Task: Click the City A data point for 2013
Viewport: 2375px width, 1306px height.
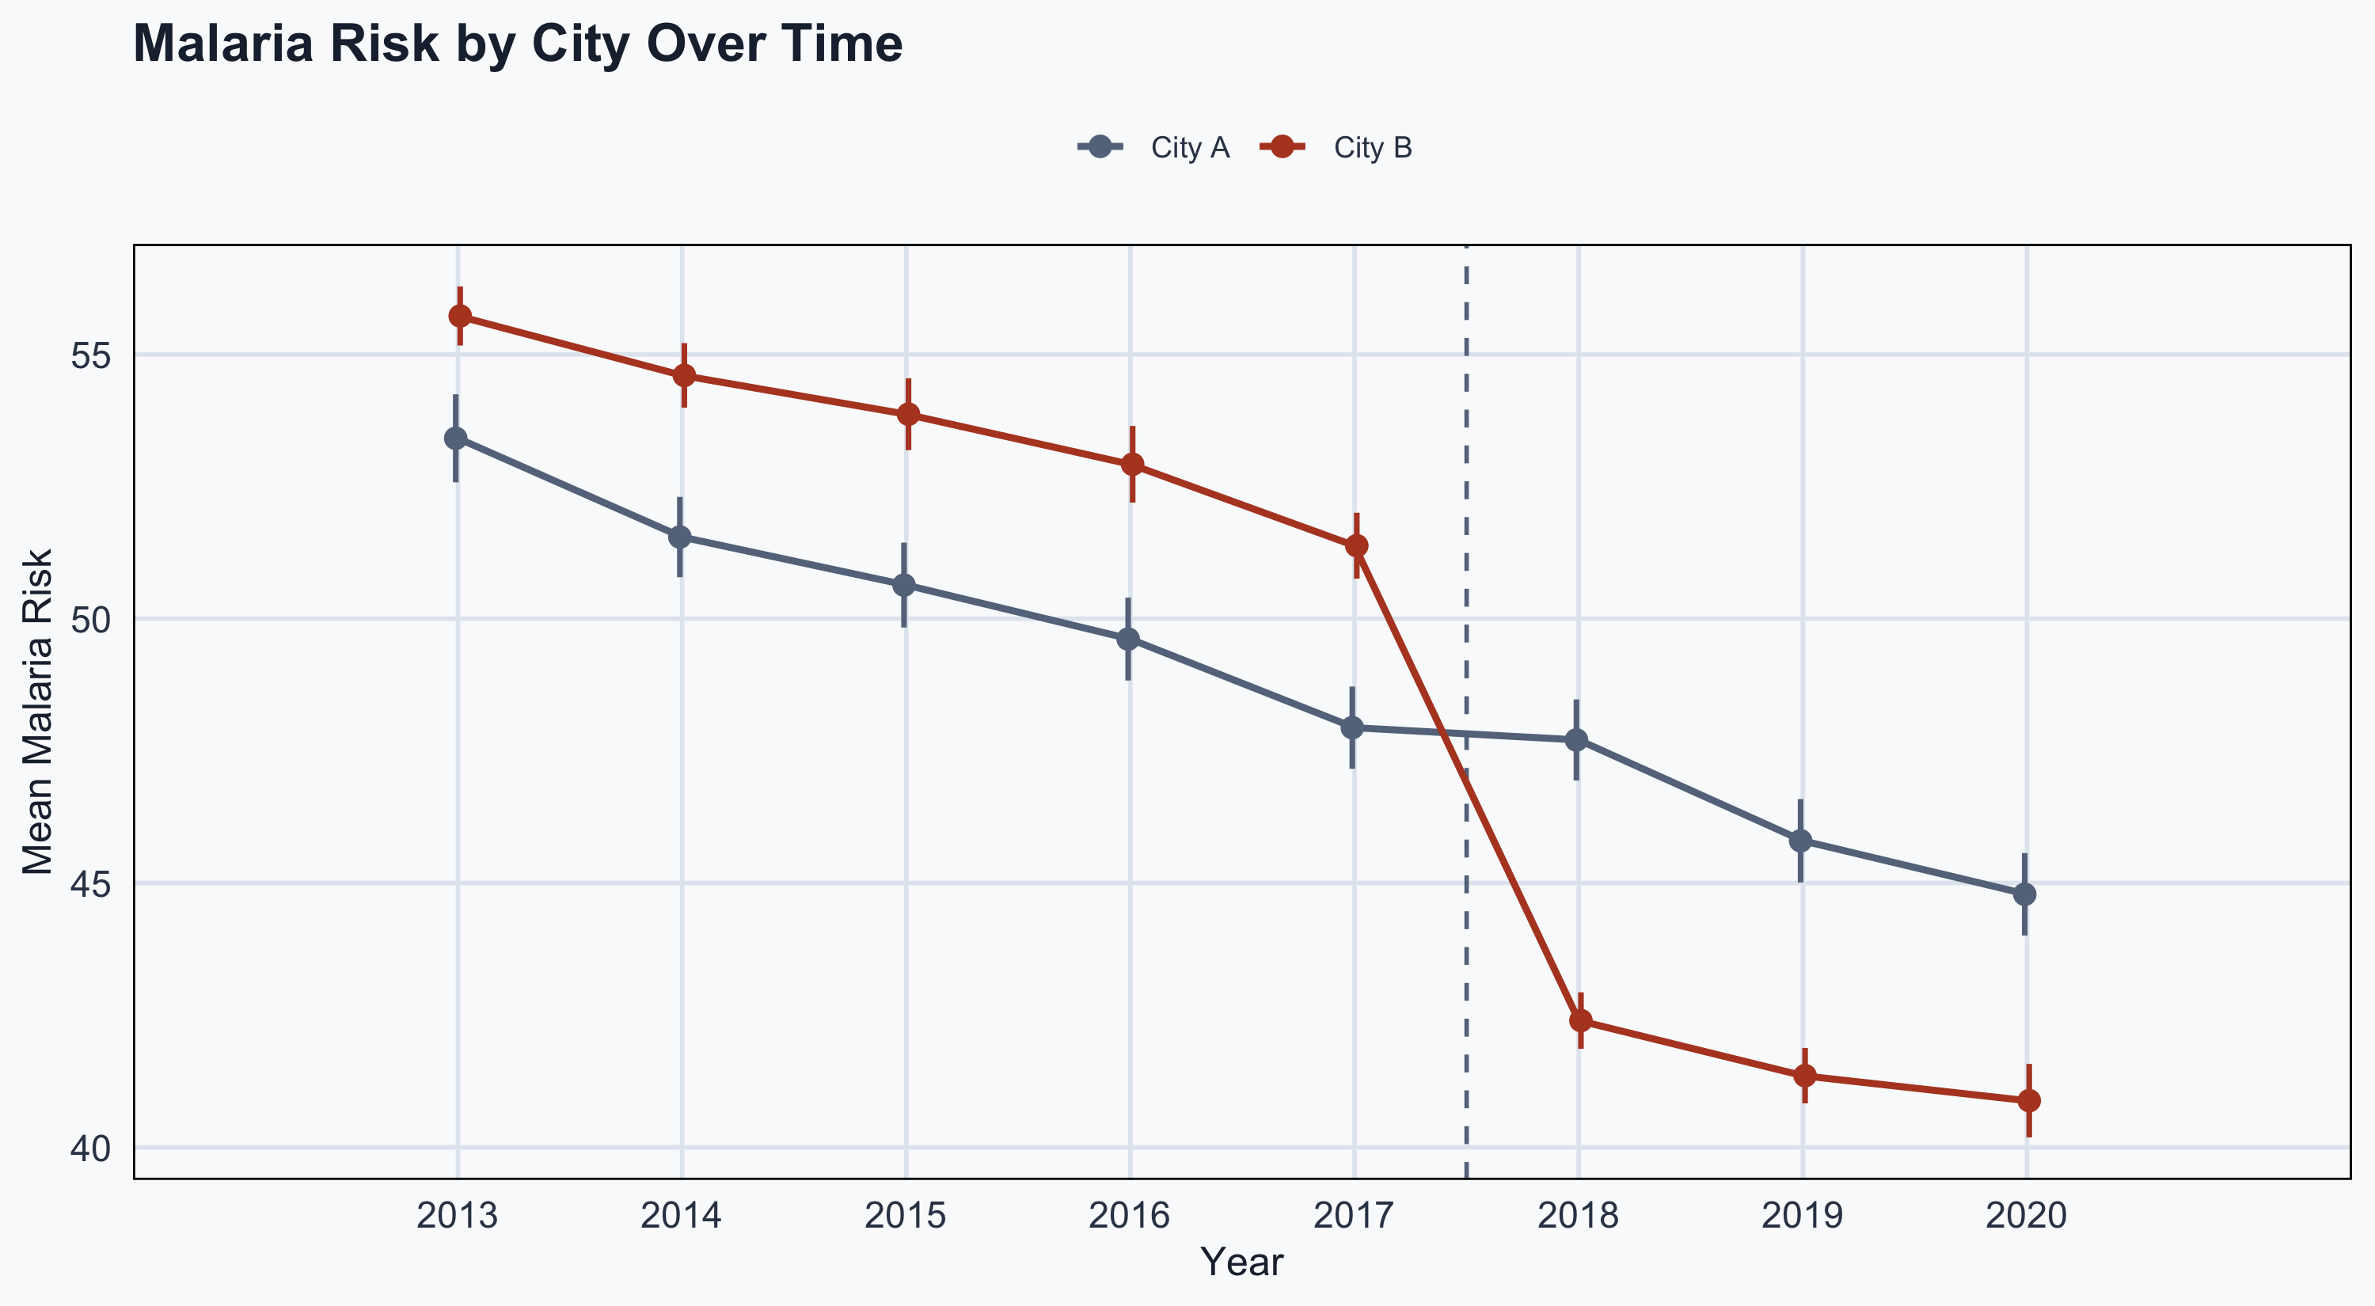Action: pyautogui.click(x=455, y=438)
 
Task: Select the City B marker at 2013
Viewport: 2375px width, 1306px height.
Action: pyautogui.click(x=460, y=316)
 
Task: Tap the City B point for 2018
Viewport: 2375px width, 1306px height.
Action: pyautogui.click(x=1581, y=1020)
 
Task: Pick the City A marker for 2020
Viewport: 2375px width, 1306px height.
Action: pyautogui.click(x=2024, y=894)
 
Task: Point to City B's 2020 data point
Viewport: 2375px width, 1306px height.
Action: pyautogui.click(x=2029, y=1100)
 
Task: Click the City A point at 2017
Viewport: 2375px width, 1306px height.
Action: pyautogui.click(x=1352, y=727)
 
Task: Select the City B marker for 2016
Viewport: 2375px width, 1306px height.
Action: pyautogui.click(x=1133, y=465)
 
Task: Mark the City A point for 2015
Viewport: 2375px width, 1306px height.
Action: pyautogui.click(x=904, y=585)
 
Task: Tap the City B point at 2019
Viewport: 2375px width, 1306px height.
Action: pyautogui.click(x=1805, y=1076)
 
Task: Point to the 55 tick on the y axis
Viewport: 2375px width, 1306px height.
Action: pyautogui.click(x=90, y=355)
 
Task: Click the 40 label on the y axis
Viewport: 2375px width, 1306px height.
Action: pyautogui.click(x=90, y=1149)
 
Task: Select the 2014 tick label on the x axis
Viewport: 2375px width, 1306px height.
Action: pyautogui.click(x=682, y=1217)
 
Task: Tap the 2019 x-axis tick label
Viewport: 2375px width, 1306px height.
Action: pyautogui.click(x=1803, y=1217)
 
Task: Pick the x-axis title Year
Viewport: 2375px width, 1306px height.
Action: pyautogui.click(x=1242, y=1262)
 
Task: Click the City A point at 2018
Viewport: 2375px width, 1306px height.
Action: pyautogui.click(x=1576, y=740)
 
